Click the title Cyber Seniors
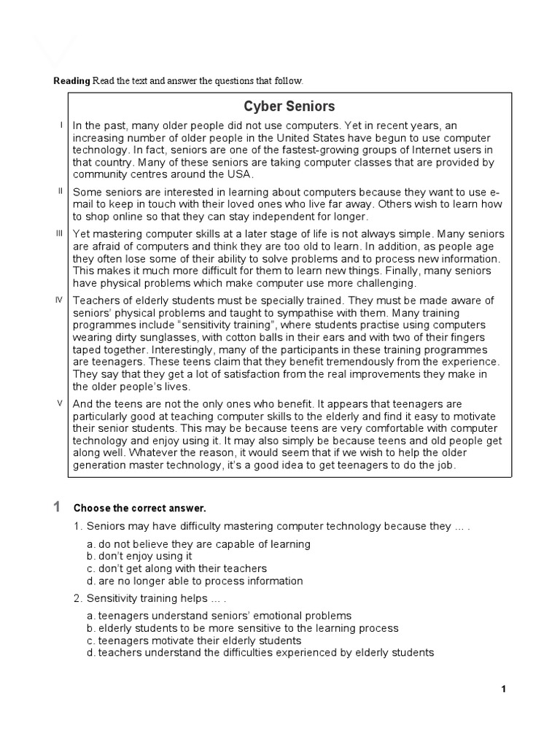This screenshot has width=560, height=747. click(289, 106)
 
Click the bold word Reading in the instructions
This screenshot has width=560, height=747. click(72, 80)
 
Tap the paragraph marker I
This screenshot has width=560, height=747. click(61, 125)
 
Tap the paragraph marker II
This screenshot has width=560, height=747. click(61, 190)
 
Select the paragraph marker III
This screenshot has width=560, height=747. click(61, 233)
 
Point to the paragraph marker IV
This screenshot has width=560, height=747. click(61, 300)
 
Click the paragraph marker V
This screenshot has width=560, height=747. click(61, 403)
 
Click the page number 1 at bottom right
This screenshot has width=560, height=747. click(503, 689)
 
